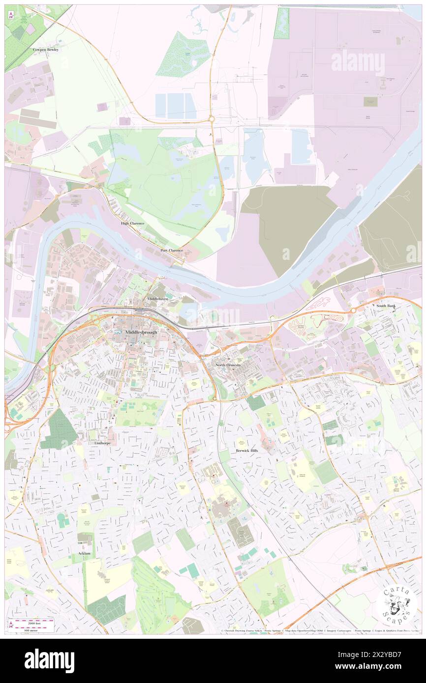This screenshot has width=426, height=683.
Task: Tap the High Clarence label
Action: tap(133, 223)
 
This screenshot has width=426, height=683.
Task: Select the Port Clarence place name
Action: tap(172, 250)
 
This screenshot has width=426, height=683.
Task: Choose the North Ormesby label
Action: tap(229, 366)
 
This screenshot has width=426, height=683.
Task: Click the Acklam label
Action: tap(84, 553)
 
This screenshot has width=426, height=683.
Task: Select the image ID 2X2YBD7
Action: tap(387, 655)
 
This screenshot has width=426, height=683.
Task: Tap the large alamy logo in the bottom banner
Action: tap(49, 660)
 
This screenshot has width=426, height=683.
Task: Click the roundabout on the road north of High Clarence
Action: tap(211, 118)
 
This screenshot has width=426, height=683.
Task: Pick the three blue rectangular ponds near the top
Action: tap(176, 105)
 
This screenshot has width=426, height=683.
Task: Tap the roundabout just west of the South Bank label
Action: tap(353, 311)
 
